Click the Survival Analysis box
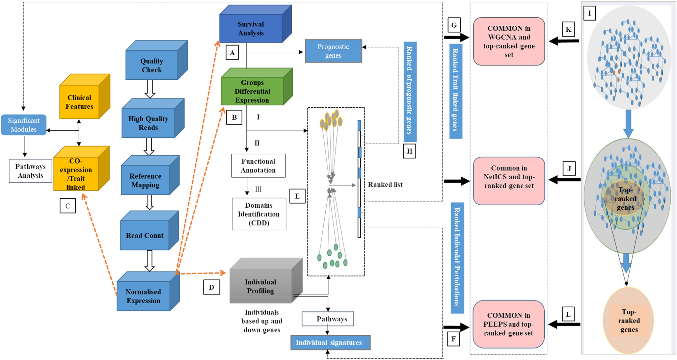(x=251, y=28)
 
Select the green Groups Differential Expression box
(x=252, y=91)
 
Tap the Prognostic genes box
(x=333, y=51)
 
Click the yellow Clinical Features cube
(x=79, y=102)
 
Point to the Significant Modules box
(x=24, y=125)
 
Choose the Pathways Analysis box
(x=30, y=171)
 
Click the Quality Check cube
(x=152, y=66)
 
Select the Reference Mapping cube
(x=145, y=180)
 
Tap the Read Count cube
(x=145, y=235)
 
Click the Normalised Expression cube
(x=143, y=296)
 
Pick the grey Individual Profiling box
(x=260, y=286)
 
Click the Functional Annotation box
(x=258, y=166)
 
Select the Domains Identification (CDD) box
(x=259, y=214)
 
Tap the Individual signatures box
(x=330, y=342)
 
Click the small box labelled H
(x=409, y=151)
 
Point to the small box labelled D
(x=212, y=287)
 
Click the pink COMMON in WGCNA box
(x=509, y=41)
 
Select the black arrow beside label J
(x=564, y=180)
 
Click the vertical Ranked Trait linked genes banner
(x=456, y=91)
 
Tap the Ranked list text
(x=385, y=185)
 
